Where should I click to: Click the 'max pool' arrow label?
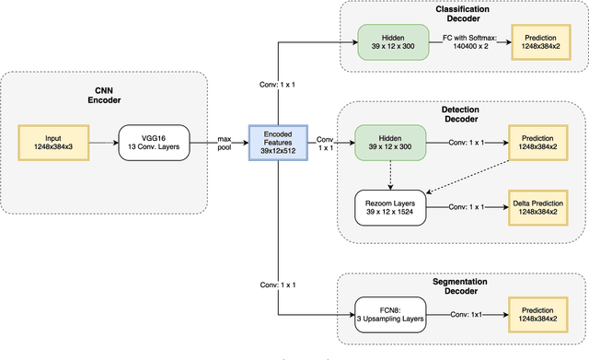(x=224, y=143)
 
